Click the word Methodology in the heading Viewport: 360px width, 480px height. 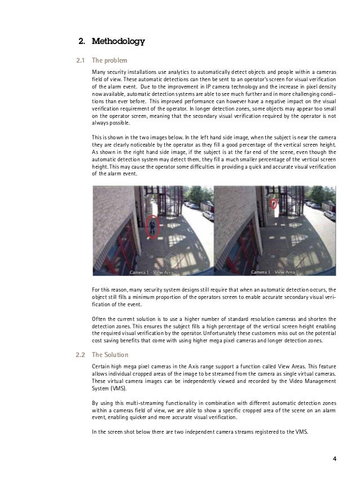118,41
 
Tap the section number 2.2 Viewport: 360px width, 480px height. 81,355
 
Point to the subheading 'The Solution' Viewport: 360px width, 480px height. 110,355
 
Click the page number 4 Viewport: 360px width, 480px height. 335,457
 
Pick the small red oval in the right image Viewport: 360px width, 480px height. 274,203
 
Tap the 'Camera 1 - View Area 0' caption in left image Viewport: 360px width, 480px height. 154,271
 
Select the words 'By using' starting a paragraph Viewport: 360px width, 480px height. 102,403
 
